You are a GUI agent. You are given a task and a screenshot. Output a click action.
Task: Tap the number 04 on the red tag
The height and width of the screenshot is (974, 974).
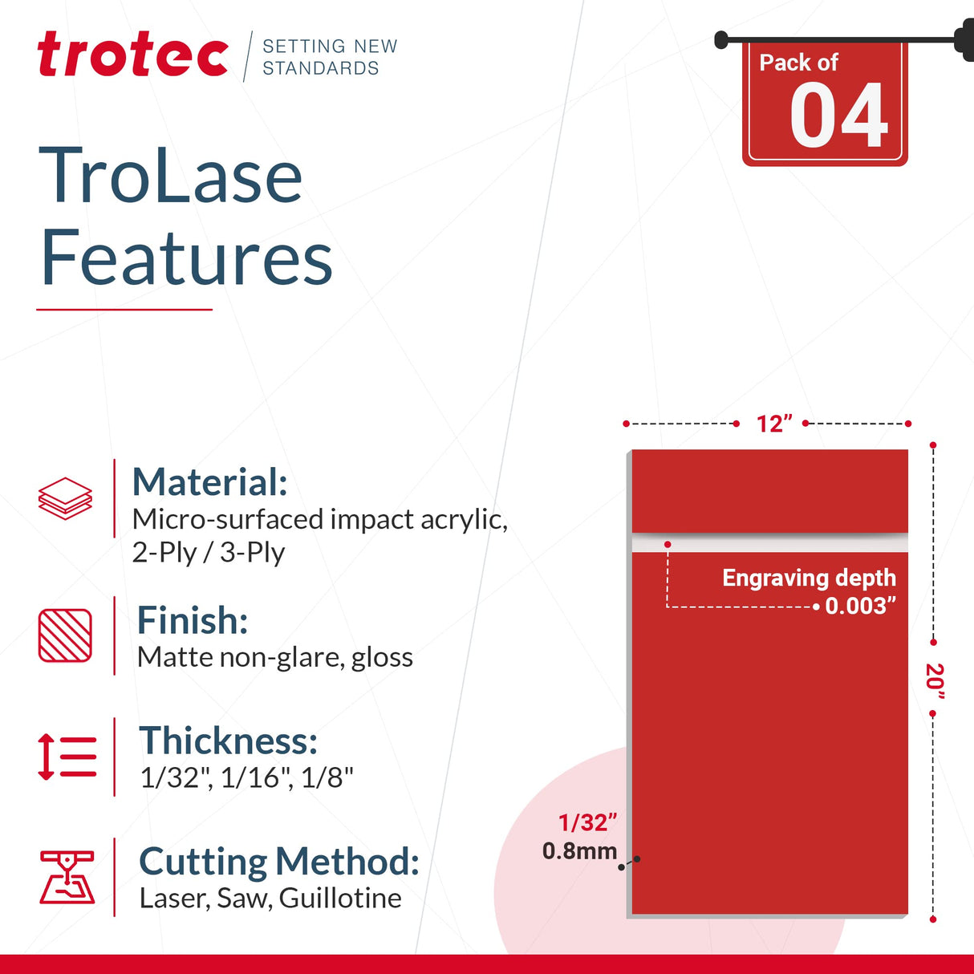pos(838,116)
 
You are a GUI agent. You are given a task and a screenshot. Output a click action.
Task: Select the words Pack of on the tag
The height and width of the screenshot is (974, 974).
pos(798,63)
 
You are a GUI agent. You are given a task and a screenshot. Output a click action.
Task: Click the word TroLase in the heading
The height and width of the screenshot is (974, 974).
pos(171,176)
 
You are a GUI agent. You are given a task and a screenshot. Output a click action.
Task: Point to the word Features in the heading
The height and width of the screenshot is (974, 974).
pos(186,258)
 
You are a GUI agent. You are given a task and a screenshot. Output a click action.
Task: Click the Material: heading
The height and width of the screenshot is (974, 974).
pos(209,482)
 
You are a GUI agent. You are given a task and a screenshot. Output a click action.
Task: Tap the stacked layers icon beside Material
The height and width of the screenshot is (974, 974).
pos(65,498)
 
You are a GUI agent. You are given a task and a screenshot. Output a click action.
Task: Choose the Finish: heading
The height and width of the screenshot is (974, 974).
pos(193,620)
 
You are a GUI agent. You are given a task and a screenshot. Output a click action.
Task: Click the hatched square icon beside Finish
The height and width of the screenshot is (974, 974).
pos(65,635)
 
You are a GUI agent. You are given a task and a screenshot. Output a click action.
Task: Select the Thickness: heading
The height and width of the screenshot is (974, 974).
pos(229,741)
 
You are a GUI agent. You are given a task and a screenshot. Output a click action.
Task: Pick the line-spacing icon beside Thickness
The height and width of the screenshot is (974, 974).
pos(67,757)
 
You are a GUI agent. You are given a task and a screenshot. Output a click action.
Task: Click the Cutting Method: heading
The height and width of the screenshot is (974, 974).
pos(279,862)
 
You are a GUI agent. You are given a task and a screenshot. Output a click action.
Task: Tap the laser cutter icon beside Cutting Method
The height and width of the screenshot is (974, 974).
pos(67,877)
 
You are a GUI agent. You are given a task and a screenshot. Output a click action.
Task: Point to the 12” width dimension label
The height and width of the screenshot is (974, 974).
pos(774,424)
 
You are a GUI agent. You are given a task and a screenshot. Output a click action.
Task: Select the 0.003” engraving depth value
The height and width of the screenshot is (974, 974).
pos(861,606)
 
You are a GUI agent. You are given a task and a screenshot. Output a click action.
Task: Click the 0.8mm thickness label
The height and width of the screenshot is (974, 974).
pos(579,851)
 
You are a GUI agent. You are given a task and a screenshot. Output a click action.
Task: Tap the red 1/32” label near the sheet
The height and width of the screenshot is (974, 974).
pos(588,822)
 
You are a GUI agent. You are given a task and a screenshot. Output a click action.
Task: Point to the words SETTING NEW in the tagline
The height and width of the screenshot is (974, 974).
pos(330,47)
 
